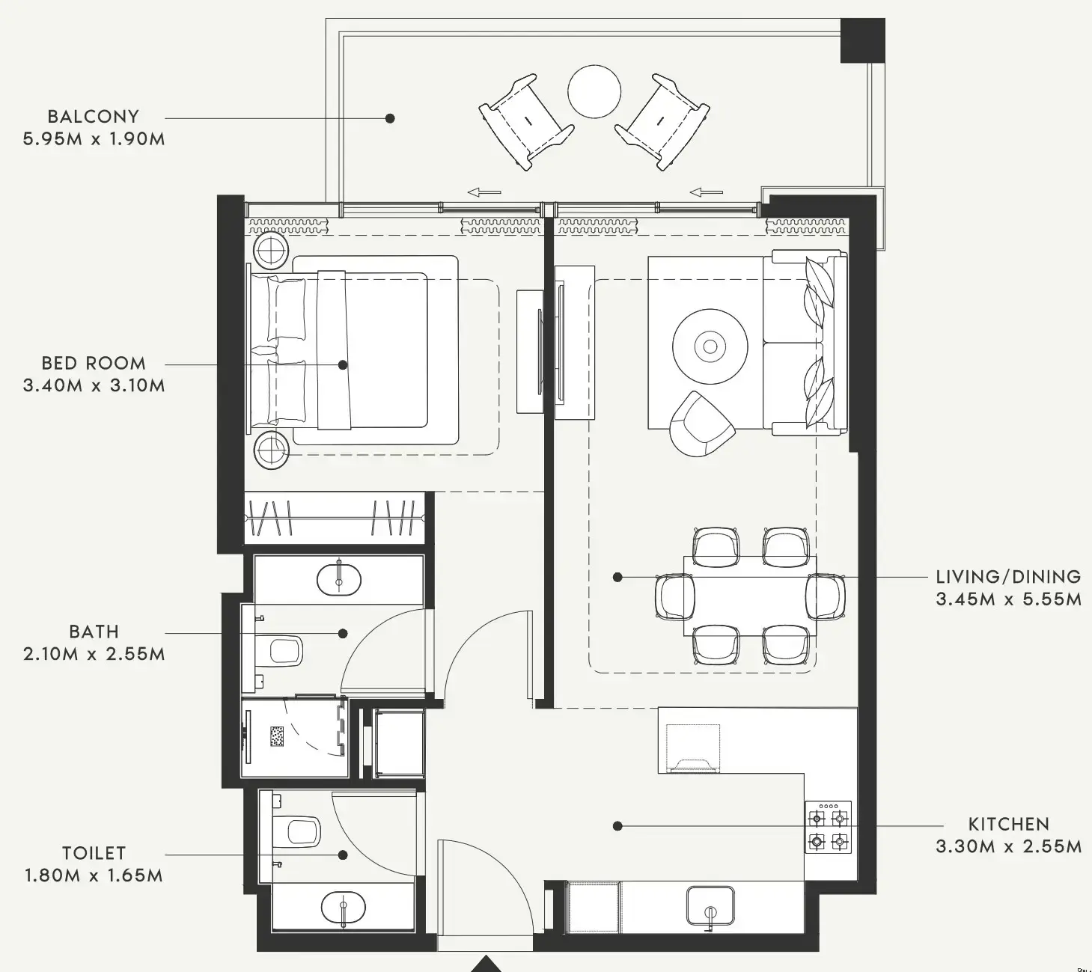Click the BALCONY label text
pyautogui.click(x=94, y=117)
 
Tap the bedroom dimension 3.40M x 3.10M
pyautogui.click(x=94, y=386)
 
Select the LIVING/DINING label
pyautogui.click(x=1008, y=577)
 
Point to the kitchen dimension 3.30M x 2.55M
pyautogui.click(x=1008, y=847)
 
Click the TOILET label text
pyautogui.click(x=94, y=853)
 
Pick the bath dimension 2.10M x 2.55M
pyautogui.click(x=94, y=654)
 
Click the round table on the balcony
pyautogui.click(x=594, y=91)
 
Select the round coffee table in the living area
pyautogui.click(x=710, y=346)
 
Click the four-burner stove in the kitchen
pyautogui.click(x=829, y=827)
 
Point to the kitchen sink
pyautogui.click(x=710, y=907)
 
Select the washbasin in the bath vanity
pyautogui.click(x=339, y=579)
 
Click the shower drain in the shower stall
pyautogui.click(x=277, y=736)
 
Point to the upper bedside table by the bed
pyautogui.click(x=271, y=249)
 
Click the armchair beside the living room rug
pyautogui.click(x=701, y=424)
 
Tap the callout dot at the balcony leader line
pyautogui.click(x=390, y=118)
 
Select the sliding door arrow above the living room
pyautogui.click(x=706, y=192)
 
